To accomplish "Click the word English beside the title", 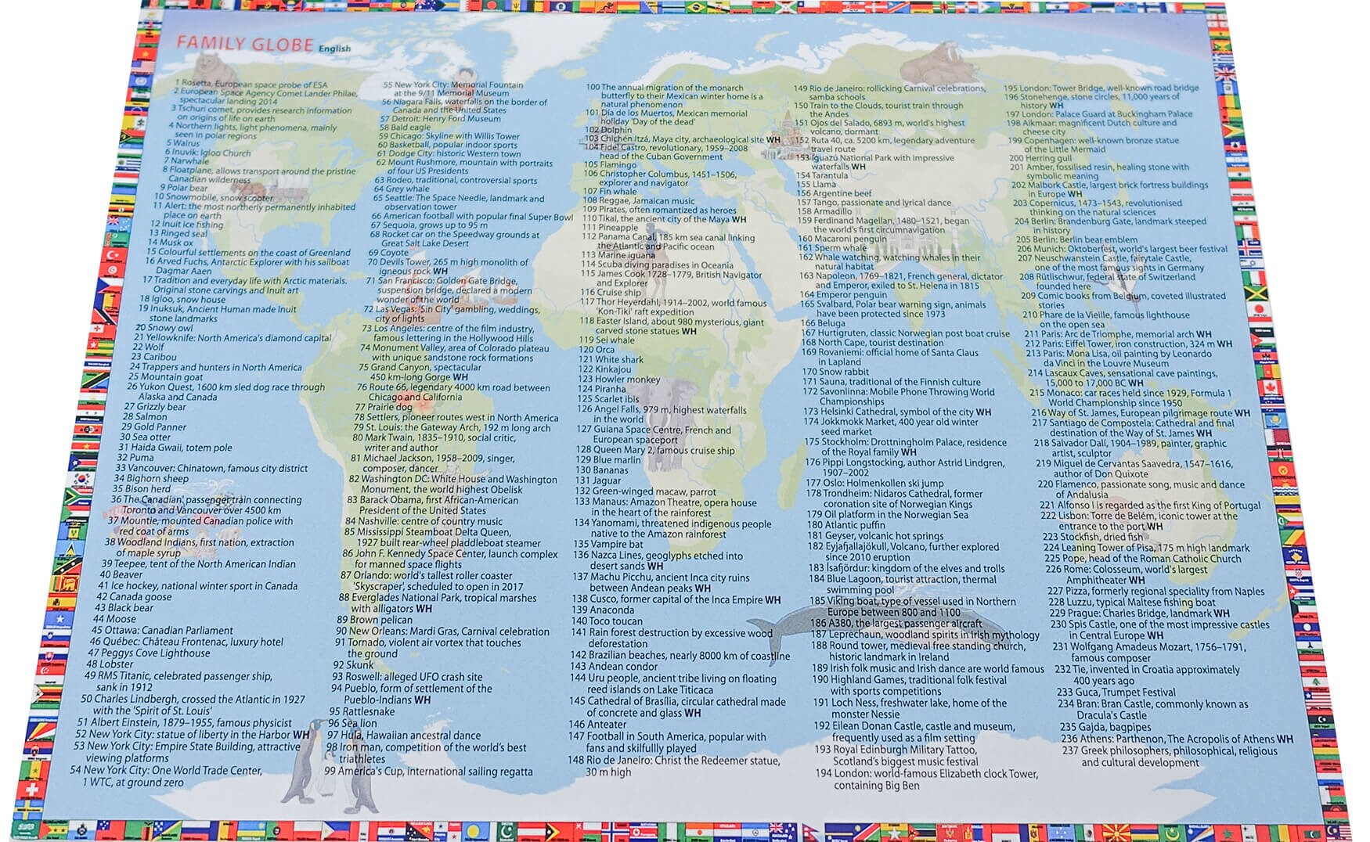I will point(334,49).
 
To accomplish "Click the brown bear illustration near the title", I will point(207,63).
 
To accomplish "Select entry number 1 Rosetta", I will point(251,83).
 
